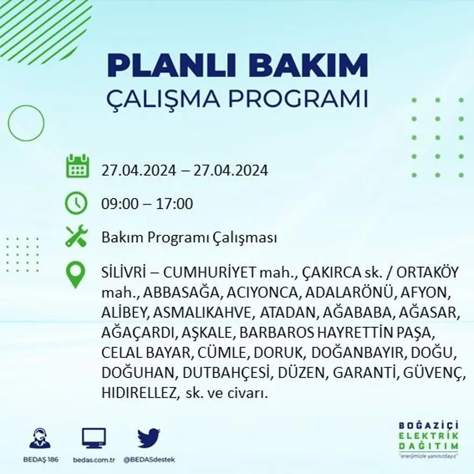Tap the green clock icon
76,204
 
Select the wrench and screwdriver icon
76,236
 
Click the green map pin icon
76,275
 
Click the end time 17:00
175,204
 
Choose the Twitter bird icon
149,437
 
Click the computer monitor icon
94,438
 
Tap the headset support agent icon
40,438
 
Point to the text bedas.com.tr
94,459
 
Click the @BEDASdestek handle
149,459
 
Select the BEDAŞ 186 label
40,459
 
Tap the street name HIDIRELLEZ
137,394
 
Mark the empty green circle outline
26,123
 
